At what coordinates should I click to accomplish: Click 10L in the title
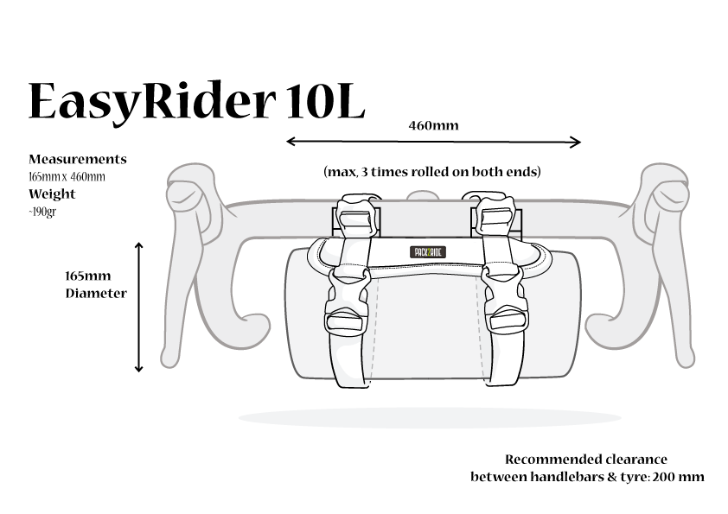[321, 102]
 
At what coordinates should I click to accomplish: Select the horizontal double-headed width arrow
[432, 142]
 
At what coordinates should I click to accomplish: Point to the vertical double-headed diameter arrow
[138, 307]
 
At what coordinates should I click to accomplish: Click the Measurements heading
[78, 160]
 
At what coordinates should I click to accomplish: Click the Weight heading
[52, 194]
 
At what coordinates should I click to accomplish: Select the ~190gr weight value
[43, 211]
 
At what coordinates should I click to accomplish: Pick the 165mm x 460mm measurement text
[67, 177]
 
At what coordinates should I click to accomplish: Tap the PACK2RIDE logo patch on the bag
[426, 251]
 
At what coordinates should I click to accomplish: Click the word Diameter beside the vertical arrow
[96, 294]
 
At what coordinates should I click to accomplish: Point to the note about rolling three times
[431, 172]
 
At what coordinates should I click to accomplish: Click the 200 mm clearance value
[680, 476]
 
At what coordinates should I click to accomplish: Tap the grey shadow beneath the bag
[430, 418]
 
